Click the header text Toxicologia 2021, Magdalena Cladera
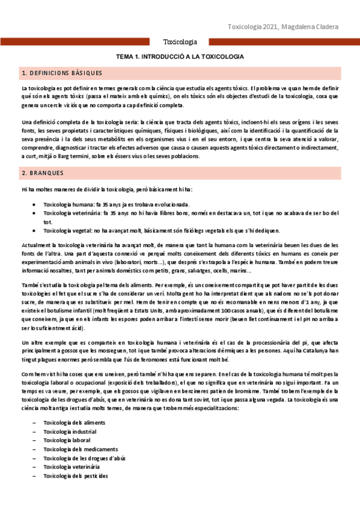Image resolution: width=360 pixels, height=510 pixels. coord(283,27)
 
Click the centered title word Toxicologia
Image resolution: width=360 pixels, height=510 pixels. coord(180,43)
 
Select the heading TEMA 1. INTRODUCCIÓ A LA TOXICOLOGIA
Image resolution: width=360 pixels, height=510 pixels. coord(180,57)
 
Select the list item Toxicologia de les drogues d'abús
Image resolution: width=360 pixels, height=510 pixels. coord(85,458)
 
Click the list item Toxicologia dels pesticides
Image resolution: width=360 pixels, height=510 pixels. coord(76,476)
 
